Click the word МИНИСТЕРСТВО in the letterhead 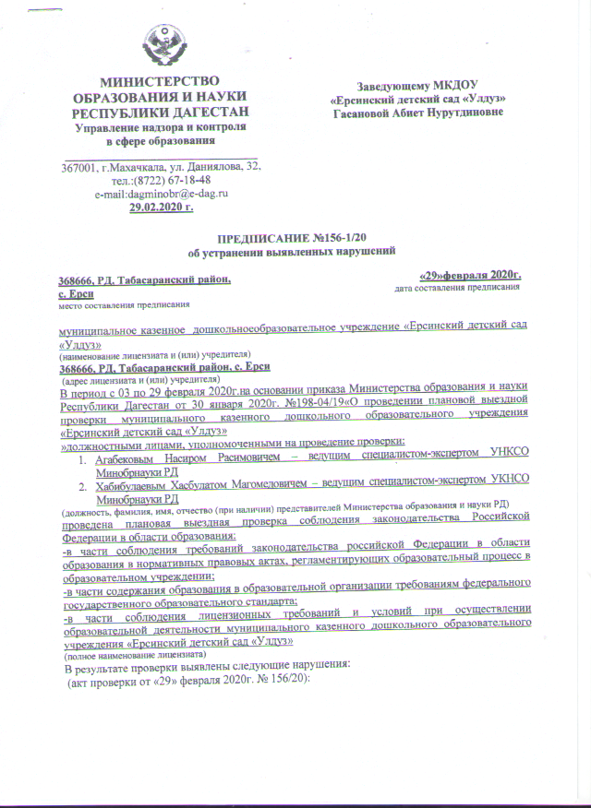[x=162, y=84]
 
